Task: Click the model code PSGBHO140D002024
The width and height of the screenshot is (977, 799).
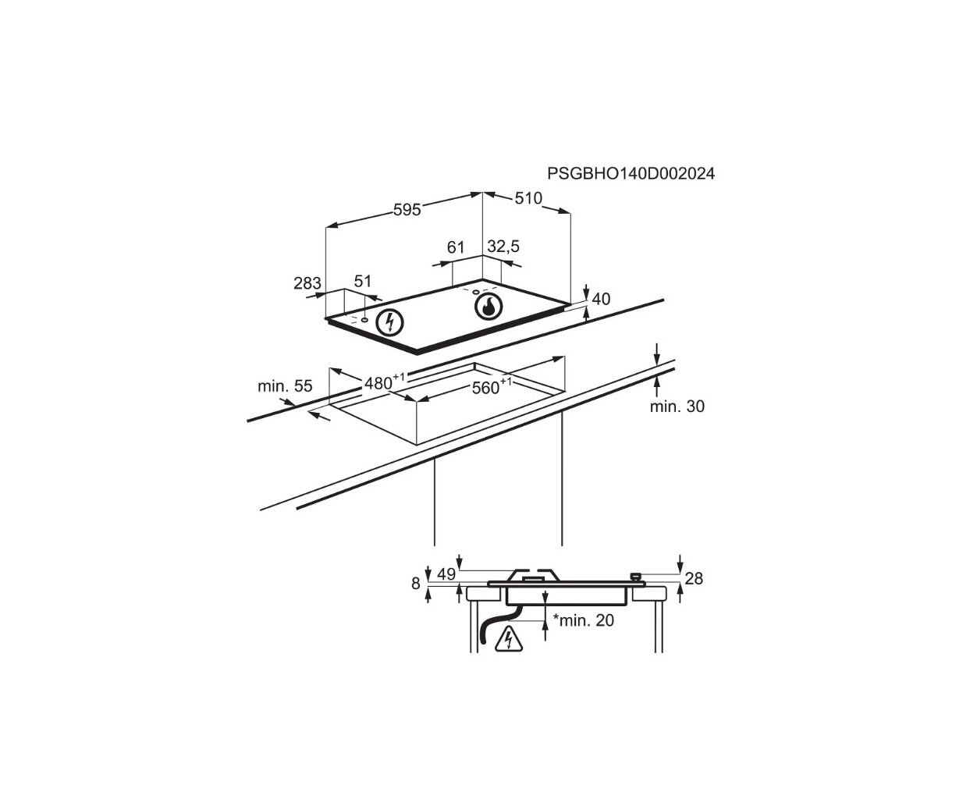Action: [631, 174]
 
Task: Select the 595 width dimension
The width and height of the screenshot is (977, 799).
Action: [407, 210]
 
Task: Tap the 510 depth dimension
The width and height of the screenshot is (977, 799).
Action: [528, 198]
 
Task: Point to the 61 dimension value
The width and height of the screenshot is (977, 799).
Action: [456, 247]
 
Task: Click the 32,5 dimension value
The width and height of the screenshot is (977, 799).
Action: [503, 247]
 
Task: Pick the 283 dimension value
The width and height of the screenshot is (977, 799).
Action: [307, 282]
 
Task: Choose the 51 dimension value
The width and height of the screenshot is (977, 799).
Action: [363, 281]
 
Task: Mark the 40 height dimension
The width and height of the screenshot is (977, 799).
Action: [601, 299]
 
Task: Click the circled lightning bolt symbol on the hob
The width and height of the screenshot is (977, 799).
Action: [389, 322]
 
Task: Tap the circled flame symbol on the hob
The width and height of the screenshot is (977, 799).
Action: [488, 306]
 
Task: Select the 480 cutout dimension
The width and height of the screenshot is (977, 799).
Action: [385, 382]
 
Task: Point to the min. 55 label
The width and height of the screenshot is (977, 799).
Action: [285, 385]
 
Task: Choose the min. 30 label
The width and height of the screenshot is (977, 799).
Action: [677, 407]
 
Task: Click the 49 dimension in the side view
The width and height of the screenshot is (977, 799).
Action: [446, 574]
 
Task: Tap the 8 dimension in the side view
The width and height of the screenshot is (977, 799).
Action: [416, 583]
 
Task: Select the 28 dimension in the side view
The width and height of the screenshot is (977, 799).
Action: [694, 578]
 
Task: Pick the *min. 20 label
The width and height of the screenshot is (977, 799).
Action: [583, 620]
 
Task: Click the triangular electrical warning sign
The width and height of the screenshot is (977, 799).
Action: [509, 639]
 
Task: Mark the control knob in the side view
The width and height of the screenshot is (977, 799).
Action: [635, 576]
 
